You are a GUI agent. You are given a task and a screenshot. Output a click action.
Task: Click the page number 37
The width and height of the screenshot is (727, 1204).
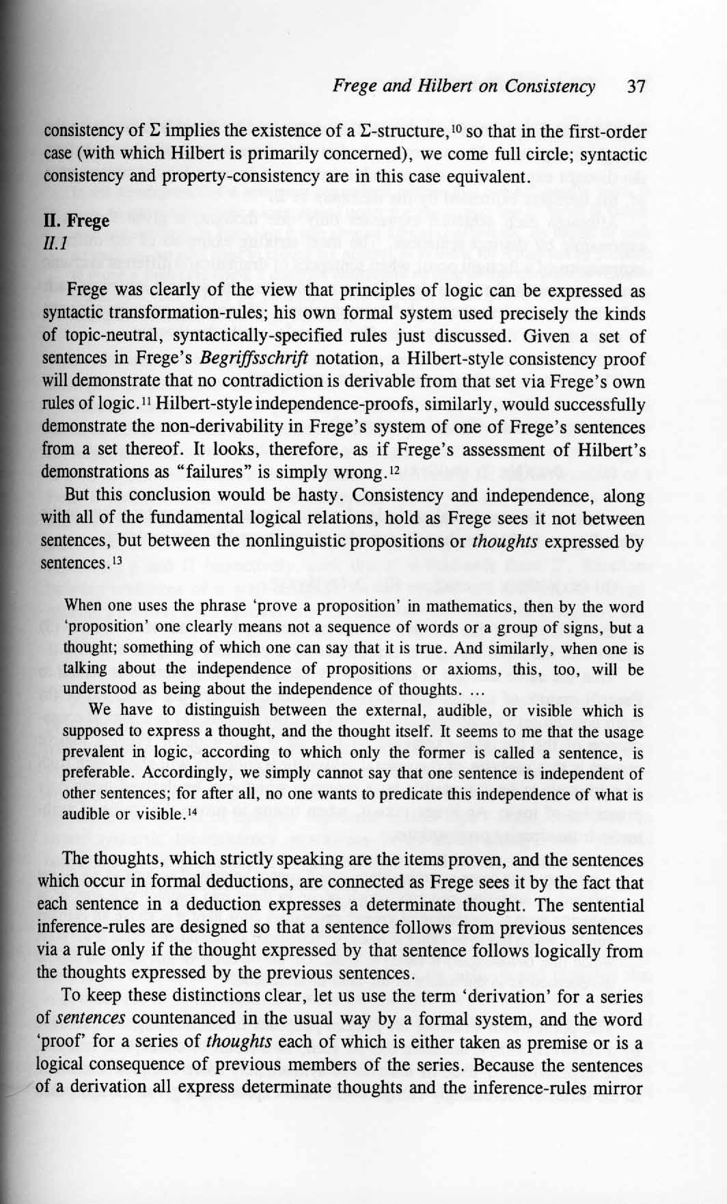tap(636, 86)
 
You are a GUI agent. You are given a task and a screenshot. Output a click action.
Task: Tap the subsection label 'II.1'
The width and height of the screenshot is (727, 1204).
tap(54, 243)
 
